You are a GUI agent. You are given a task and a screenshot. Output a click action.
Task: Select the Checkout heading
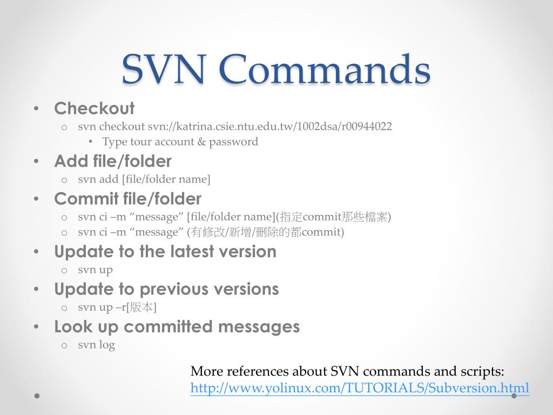coord(94,109)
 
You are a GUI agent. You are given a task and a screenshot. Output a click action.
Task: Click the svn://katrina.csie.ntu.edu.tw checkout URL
coord(270,127)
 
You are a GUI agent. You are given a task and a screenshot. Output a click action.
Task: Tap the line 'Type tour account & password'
coord(180,142)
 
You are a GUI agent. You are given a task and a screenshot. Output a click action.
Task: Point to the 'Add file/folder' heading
coord(113,161)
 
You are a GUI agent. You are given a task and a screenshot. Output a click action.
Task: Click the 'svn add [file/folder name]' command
coord(144,179)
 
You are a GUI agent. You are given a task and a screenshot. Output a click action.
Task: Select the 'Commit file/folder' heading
coord(127,199)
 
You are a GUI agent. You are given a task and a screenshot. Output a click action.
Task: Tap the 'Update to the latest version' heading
coord(165,252)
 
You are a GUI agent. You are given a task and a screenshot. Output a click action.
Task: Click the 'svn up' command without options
coord(95,270)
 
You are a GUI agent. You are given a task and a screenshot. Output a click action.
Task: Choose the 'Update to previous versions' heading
coord(166,289)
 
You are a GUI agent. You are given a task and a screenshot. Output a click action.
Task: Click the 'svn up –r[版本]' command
coord(117,307)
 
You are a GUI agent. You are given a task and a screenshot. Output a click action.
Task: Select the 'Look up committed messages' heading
coord(177,327)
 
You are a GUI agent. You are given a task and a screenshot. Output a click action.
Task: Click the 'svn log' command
coord(96,345)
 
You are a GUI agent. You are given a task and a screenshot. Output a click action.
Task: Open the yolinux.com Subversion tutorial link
coord(360,388)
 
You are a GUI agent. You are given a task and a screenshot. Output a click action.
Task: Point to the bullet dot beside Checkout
coord(36,109)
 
